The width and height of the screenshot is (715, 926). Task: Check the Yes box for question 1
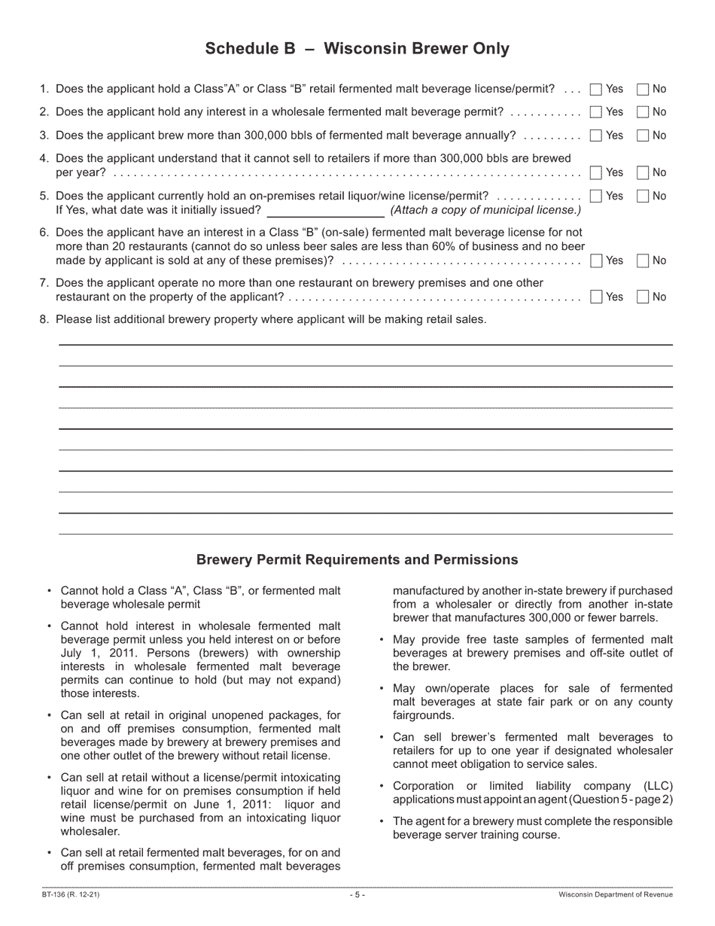[x=596, y=90]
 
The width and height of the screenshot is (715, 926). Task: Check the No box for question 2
[x=643, y=112]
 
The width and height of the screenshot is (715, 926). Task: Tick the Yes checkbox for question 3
[x=596, y=136]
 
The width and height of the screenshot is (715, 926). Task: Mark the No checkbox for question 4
[x=643, y=172]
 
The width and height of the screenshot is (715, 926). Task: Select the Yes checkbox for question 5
[x=596, y=196]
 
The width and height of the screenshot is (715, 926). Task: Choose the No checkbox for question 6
[x=643, y=261]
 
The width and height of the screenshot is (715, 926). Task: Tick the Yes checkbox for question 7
[x=596, y=297]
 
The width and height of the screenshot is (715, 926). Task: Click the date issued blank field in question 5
[x=325, y=211]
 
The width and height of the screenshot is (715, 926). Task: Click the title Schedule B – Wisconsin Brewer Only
[x=357, y=49]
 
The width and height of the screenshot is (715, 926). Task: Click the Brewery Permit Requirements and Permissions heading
[x=357, y=560]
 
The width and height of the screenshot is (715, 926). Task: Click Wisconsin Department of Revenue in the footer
[x=616, y=895]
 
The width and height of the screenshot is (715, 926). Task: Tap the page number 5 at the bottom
[x=357, y=895]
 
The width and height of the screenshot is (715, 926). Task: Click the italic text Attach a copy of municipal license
[x=485, y=210]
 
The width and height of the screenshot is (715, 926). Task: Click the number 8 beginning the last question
[x=44, y=319]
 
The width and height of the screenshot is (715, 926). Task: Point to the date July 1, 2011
[x=91, y=653]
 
